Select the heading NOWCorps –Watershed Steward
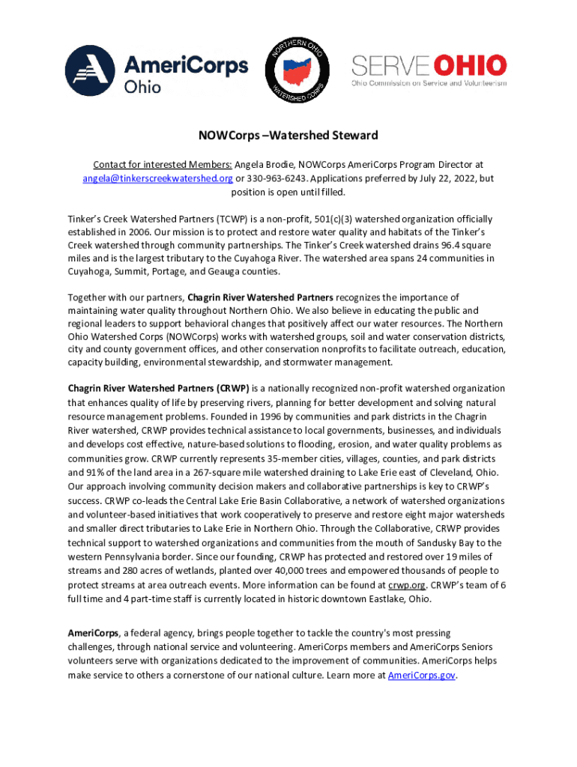tap(288, 136)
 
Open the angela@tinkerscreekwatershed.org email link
tap(157, 178)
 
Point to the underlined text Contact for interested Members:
tap(163, 164)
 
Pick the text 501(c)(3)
tap(324, 219)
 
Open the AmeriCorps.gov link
tap(423, 675)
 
